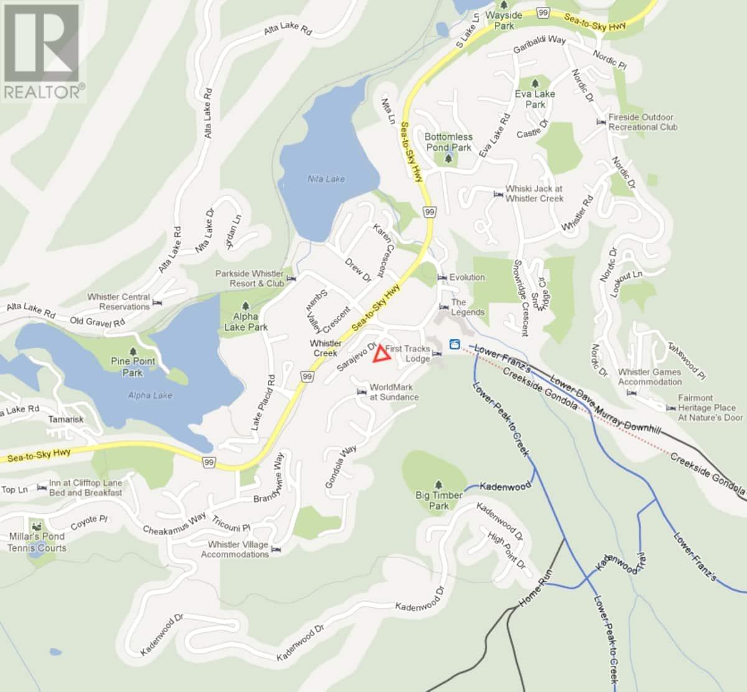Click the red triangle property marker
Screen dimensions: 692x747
(x=381, y=355)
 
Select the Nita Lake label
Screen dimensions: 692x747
(x=326, y=179)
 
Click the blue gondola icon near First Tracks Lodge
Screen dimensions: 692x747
(x=454, y=344)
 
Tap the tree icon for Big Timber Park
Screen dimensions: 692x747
(x=439, y=484)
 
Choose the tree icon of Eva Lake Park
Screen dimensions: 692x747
(x=535, y=83)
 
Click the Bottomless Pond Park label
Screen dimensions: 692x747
(x=448, y=142)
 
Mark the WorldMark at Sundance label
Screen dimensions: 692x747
(x=395, y=392)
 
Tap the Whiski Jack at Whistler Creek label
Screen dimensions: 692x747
(x=533, y=194)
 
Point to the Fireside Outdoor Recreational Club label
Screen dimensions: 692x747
(x=642, y=122)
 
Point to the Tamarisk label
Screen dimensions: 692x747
(x=66, y=419)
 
